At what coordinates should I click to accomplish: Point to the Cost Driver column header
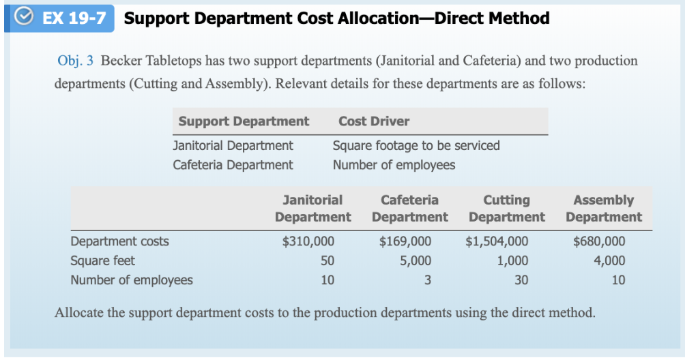coord(374,121)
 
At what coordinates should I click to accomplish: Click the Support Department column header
coord(244,121)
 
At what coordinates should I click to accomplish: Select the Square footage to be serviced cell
coord(416,145)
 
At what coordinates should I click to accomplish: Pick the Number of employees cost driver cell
coord(394,165)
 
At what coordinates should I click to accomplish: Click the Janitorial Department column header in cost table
coord(312,209)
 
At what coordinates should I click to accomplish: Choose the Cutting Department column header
coord(506,209)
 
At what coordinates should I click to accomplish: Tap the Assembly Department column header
coord(603,209)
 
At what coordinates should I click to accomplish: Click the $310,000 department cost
coord(308,241)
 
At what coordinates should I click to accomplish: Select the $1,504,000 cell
coord(497,241)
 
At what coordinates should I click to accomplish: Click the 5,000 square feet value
coord(416,260)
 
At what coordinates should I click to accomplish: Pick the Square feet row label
coord(103,260)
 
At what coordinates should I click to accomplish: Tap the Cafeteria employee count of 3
coord(427,280)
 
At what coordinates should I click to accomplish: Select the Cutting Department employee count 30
coord(521,280)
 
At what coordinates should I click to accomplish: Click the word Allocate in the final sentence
coord(78,314)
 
